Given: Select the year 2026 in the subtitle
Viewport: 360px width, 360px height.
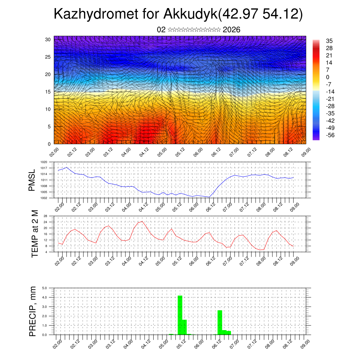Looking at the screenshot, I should click(231, 30).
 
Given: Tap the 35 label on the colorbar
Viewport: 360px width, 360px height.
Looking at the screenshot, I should click(329, 41).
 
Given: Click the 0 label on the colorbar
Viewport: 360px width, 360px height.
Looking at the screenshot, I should click(327, 77).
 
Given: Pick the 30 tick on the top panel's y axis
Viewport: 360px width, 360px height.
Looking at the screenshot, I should click(48, 39).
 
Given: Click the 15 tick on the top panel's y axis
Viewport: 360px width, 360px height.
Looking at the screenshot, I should click(48, 92).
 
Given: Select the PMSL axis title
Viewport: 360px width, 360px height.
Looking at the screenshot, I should click(32, 180).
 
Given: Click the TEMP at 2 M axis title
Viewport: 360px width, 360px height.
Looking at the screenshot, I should click(34, 234).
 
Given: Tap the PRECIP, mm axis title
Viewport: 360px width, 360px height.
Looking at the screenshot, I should click(33, 311).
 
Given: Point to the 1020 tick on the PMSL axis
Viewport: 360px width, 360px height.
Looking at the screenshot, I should click(44, 162).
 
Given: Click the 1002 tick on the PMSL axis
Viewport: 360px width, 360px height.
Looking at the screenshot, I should click(44, 198).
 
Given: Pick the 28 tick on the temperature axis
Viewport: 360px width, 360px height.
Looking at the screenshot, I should click(45, 216).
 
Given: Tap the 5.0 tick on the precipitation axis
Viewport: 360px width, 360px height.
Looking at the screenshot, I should click(45, 288).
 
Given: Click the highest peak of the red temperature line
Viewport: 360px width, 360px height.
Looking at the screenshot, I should click(142, 221).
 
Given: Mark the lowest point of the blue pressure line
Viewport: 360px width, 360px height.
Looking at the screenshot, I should click(209, 197).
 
